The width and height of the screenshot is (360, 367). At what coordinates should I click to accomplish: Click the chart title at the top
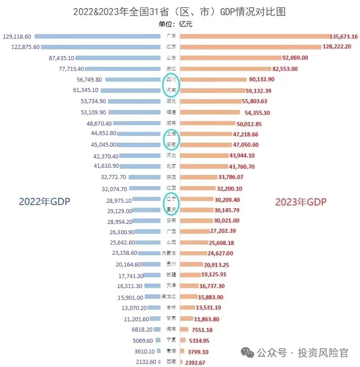point(179,11)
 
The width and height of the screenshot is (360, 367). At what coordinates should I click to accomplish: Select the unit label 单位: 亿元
point(179,24)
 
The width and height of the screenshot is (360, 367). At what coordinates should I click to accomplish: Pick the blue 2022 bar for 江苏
point(101,47)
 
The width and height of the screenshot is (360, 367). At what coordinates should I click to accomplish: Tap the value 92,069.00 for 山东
point(295,58)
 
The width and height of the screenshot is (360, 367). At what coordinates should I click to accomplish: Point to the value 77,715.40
point(65,69)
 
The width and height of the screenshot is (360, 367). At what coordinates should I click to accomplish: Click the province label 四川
point(171,79)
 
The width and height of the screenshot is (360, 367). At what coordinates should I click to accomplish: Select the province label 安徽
point(171,145)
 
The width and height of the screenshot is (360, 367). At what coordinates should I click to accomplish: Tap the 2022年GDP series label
point(44,202)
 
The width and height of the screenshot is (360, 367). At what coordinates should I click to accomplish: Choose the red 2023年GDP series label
point(300,202)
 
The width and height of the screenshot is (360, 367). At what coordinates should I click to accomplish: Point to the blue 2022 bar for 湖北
point(134,101)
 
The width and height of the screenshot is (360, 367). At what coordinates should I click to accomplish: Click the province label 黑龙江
point(171,297)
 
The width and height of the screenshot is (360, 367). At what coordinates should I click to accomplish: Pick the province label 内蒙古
point(171,253)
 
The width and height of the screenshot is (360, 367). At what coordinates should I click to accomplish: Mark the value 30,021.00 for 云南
point(227,221)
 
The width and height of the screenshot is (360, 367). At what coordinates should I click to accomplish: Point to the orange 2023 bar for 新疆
point(191,275)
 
